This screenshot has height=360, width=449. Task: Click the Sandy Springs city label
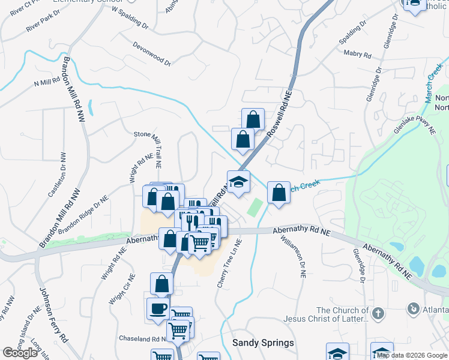pos(263,343)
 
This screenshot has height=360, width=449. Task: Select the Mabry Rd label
pos(357,54)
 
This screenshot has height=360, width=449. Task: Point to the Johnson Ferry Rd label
pos(53,315)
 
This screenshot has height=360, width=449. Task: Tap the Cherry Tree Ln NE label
pos(229,263)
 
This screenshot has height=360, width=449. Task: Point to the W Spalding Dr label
pos(130,19)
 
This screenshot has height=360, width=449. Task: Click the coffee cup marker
pos(158,309)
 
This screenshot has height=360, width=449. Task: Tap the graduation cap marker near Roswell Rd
pos(238,182)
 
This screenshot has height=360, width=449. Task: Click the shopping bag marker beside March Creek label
pos(279,193)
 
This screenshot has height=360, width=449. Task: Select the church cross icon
pos(378,313)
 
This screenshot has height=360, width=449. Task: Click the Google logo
pos(20,353)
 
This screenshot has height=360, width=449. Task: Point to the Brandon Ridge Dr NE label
pos(83,213)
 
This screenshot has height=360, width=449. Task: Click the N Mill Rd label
pos(47,80)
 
